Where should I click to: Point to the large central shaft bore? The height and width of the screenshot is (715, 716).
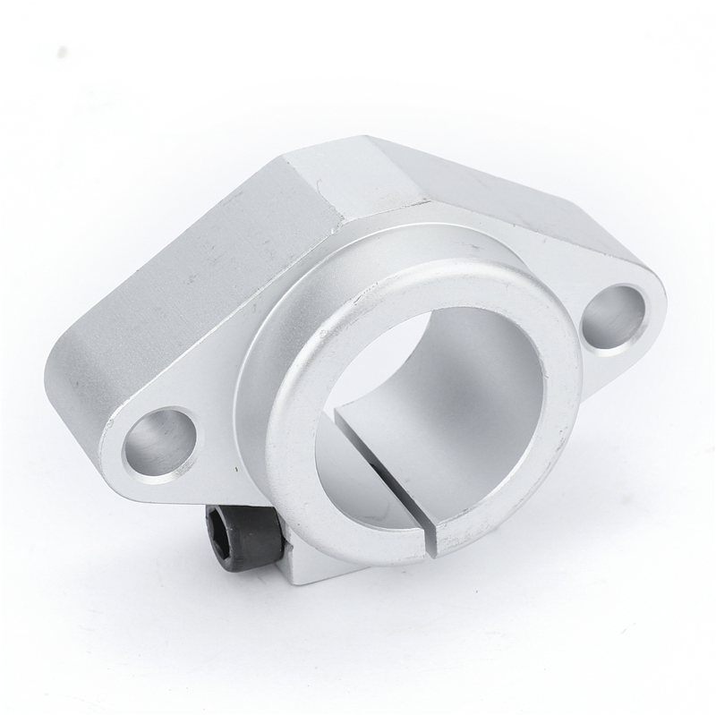point(421,394)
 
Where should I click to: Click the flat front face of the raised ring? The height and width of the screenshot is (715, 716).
point(295,430)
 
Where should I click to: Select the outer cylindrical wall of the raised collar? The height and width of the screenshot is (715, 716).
point(260,358)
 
